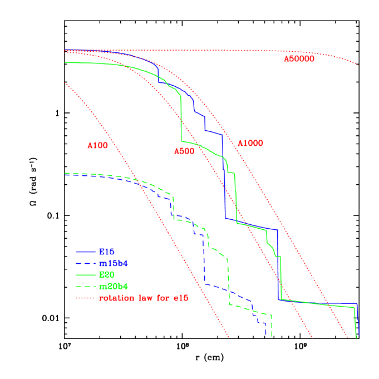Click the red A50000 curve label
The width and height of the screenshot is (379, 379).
[x=299, y=59]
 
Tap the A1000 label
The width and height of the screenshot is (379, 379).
[x=250, y=144]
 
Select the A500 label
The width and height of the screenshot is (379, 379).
[x=184, y=151]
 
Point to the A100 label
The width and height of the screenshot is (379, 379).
[x=97, y=146]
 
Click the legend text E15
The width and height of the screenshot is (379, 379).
[x=106, y=252]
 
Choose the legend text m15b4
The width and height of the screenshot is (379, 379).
[x=114, y=263]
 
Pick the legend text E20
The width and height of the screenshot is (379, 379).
[x=106, y=275]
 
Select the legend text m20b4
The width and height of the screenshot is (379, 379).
[x=114, y=287]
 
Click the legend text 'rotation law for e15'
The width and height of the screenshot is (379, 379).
[x=144, y=299]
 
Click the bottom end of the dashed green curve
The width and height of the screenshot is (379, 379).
[x=272, y=336]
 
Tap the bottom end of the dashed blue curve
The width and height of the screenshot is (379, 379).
[x=266, y=335]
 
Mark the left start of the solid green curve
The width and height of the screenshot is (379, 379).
[x=65, y=62]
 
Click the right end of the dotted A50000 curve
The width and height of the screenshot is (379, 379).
[x=358, y=65]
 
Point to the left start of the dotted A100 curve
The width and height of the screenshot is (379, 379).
[x=65, y=82]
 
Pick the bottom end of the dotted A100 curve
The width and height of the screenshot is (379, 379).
[x=229, y=337]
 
